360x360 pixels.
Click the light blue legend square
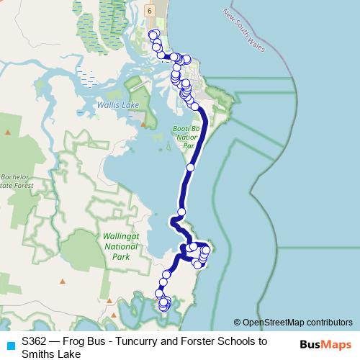(x=9, y=343)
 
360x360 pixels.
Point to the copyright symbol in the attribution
(x=237, y=323)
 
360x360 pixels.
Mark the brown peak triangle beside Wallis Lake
(x=143, y=124)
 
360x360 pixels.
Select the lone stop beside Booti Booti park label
(x=190, y=167)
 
